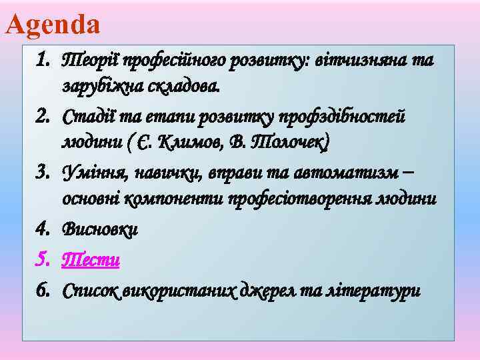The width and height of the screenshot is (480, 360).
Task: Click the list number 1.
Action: point(44,61)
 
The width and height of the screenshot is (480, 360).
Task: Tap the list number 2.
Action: point(44,117)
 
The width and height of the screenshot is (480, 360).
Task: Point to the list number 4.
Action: point(44,229)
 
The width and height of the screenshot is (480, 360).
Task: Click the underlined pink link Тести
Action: point(91,260)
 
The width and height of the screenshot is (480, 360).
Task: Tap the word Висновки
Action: point(99,229)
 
